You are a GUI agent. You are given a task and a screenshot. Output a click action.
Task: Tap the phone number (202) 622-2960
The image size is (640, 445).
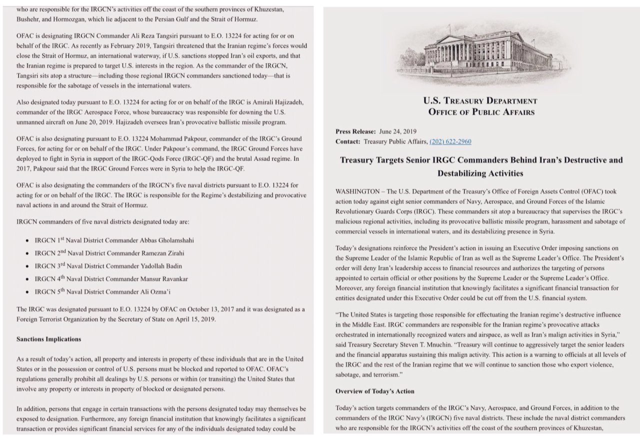[450, 141]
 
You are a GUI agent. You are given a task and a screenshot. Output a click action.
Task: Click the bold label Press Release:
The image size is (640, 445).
[355, 131]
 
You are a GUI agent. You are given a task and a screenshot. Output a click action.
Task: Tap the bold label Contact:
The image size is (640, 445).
[347, 141]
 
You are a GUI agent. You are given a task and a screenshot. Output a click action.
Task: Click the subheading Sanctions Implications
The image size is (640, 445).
[48, 339]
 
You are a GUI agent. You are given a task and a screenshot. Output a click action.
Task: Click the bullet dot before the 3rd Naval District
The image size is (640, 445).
[26, 266]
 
